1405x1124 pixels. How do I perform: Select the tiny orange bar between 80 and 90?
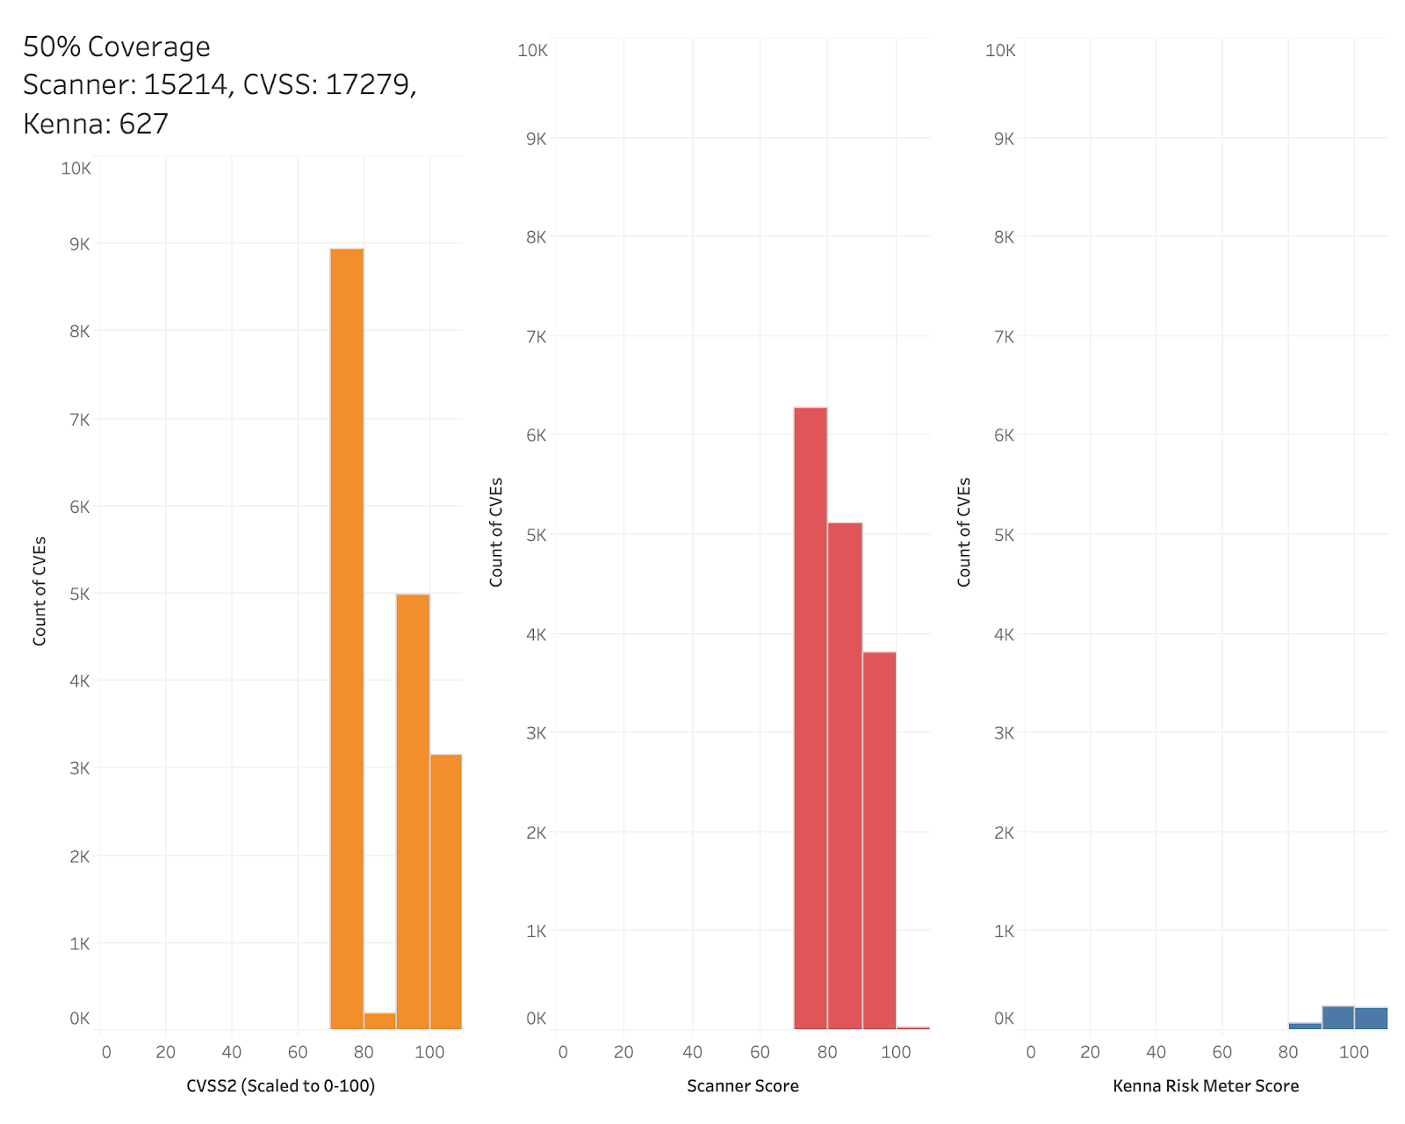pyautogui.click(x=379, y=1020)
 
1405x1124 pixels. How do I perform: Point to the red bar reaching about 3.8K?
pyautogui.click(x=879, y=839)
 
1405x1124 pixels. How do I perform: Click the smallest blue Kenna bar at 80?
pyautogui.click(x=1305, y=1025)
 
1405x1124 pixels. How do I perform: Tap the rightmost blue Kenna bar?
pyautogui.click(x=1371, y=1018)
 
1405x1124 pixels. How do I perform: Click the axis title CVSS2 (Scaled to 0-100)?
pyautogui.click(x=280, y=1086)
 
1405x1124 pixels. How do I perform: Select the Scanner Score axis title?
pyautogui.click(x=743, y=1086)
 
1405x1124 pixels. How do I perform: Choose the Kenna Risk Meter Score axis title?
pyautogui.click(x=1206, y=1086)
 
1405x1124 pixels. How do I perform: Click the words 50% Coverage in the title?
pyautogui.click(x=117, y=47)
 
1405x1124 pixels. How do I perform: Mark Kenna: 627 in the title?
pyautogui.click(x=96, y=124)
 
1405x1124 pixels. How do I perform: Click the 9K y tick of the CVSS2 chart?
pyautogui.click(x=79, y=244)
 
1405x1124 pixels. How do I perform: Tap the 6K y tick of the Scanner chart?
pyautogui.click(x=536, y=435)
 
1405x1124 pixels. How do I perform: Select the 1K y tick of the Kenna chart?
pyautogui.click(x=1004, y=931)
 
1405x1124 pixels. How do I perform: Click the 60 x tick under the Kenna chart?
pyautogui.click(x=1221, y=1052)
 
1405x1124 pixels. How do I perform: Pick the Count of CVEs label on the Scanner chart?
pyautogui.click(x=496, y=532)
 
